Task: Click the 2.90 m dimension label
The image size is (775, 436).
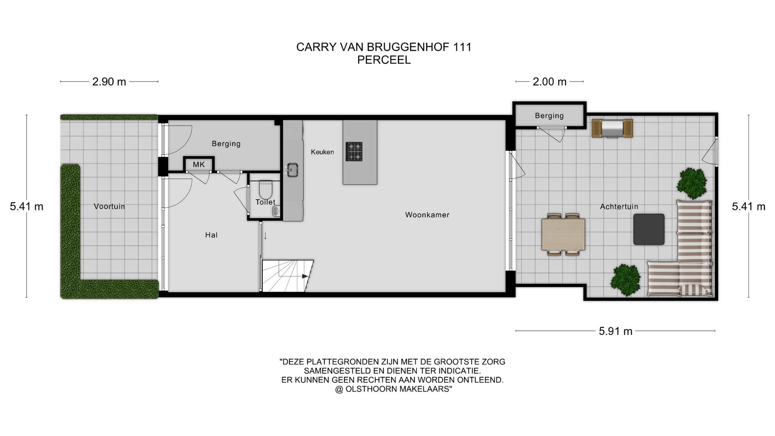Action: [109, 82]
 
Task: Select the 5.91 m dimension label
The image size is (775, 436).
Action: [615, 331]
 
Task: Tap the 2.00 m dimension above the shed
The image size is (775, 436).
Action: [549, 82]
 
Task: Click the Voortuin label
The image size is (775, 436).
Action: [109, 206]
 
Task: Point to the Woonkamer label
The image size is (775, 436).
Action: [427, 215]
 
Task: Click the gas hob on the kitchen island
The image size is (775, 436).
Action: [354, 151]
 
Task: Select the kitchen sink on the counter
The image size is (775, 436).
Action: [292, 170]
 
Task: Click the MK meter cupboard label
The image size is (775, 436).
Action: [199, 164]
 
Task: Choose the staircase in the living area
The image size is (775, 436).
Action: [287, 275]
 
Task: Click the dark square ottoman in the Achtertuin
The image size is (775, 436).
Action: [649, 229]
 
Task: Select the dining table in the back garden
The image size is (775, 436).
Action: [563, 234]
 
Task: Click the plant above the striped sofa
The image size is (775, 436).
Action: [693, 183]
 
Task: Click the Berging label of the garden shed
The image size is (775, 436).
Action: [549, 115]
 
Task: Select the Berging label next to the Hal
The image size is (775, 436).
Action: [226, 143]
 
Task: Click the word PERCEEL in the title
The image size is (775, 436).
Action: [384, 60]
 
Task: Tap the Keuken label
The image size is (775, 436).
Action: [322, 152]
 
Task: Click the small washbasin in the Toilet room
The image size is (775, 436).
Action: [276, 210]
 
